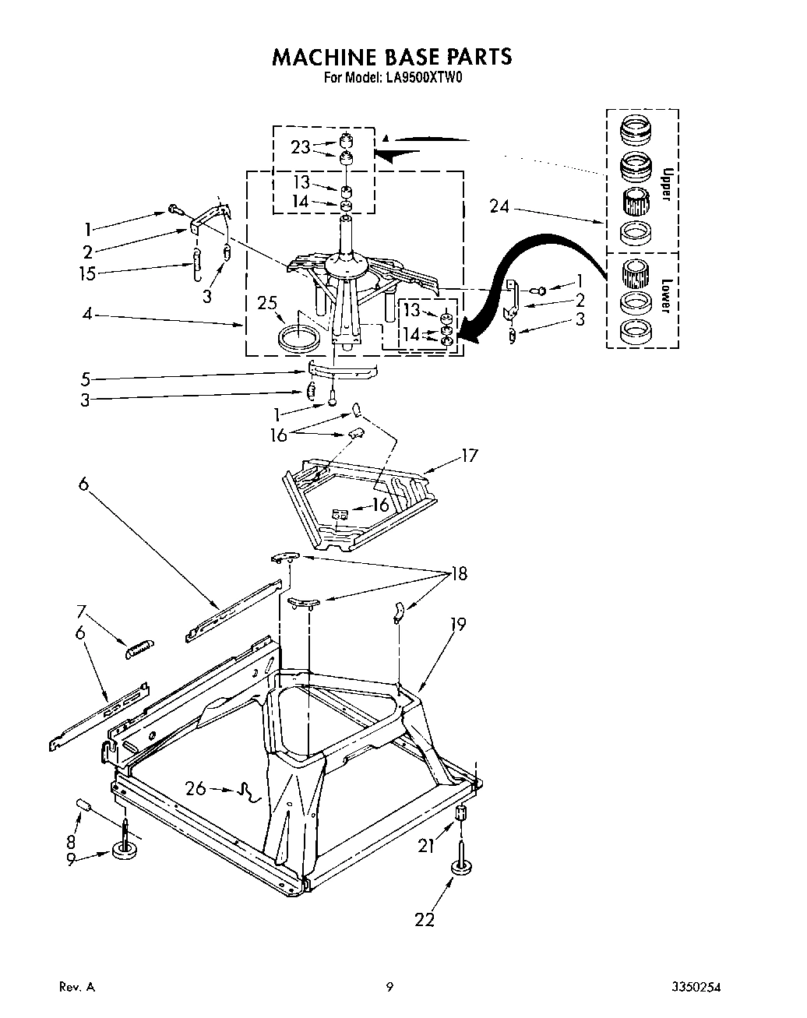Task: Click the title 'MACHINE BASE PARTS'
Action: [x=391, y=57]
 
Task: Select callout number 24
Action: [x=500, y=206]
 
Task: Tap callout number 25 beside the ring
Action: [x=268, y=301]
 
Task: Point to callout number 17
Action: [x=470, y=456]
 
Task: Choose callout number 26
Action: [x=196, y=788]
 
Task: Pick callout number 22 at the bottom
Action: [x=424, y=919]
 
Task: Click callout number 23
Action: [x=300, y=146]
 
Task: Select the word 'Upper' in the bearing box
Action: [x=664, y=184]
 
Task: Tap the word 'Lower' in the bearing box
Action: [x=664, y=295]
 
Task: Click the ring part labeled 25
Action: [x=299, y=339]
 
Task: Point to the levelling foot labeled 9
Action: [x=125, y=851]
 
